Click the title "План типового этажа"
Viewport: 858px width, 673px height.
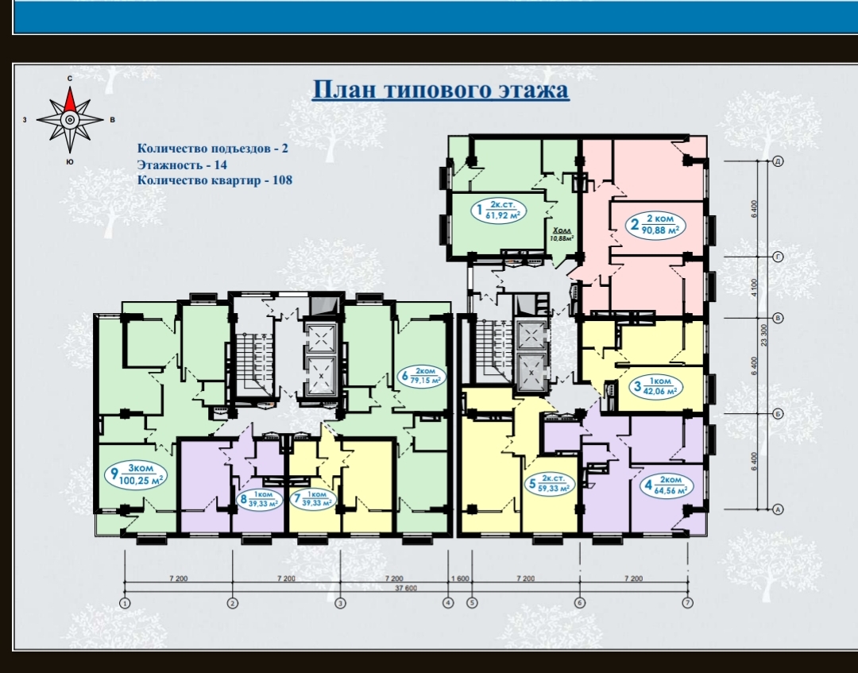click(440, 90)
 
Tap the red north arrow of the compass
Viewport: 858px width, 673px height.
click(70, 99)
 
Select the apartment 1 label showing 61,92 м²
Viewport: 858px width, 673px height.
click(498, 210)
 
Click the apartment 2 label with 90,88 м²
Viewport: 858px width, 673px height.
click(655, 224)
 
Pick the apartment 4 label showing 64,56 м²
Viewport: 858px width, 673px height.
click(666, 485)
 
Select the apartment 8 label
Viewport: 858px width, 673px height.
click(259, 499)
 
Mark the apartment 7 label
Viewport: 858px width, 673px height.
click(312, 499)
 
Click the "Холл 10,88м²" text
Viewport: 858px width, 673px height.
click(562, 234)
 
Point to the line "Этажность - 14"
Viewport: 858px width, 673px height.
click(182, 164)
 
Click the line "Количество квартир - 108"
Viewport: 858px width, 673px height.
click(214, 180)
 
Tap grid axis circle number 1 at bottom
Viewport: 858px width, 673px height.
click(126, 603)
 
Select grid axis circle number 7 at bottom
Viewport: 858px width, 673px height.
click(687, 602)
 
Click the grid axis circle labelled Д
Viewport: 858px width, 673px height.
click(778, 161)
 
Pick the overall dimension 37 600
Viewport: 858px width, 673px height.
click(405, 588)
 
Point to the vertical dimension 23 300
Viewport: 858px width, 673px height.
click(764, 335)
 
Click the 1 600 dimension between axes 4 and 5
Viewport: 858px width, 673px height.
click(460, 578)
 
